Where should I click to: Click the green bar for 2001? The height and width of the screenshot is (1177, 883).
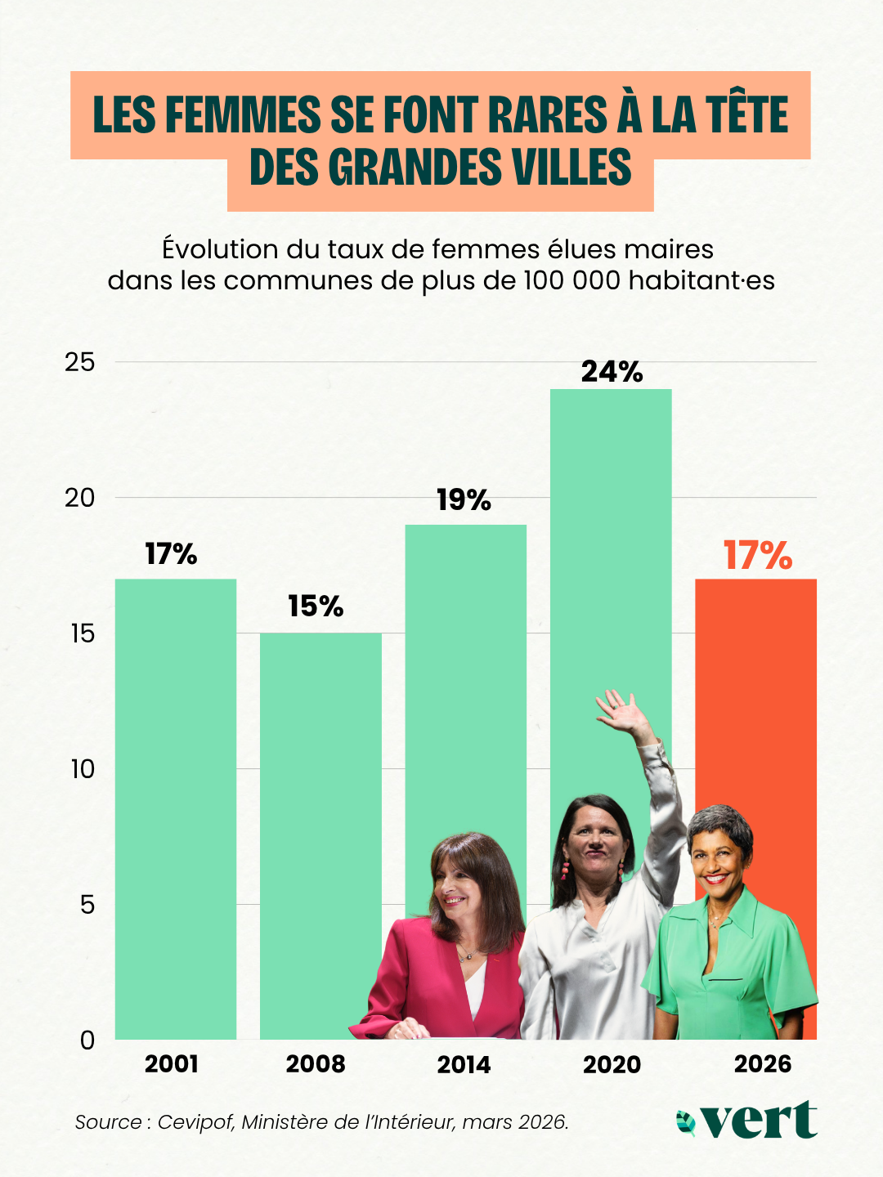(x=176, y=809)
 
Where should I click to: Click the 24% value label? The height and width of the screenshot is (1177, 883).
(x=612, y=372)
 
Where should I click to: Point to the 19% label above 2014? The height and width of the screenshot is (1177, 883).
(x=464, y=500)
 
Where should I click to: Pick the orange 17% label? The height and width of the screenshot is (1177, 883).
(x=757, y=556)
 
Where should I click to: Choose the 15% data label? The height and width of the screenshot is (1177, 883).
(x=316, y=606)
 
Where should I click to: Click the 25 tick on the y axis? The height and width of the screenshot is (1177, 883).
(x=80, y=362)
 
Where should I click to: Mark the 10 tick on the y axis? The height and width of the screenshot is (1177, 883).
(x=83, y=769)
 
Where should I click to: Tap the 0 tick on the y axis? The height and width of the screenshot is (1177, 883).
(x=87, y=1041)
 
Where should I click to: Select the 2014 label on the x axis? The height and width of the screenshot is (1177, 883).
(x=464, y=1064)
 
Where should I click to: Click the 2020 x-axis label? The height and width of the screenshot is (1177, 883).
(x=612, y=1064)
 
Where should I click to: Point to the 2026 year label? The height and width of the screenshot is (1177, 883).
(x=763, y=1063)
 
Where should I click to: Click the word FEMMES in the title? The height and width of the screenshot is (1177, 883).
(x=243, y=114)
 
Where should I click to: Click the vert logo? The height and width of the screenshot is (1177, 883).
(x=747, y=1120)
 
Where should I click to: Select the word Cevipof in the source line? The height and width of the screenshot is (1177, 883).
(x=195, y=1122)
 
